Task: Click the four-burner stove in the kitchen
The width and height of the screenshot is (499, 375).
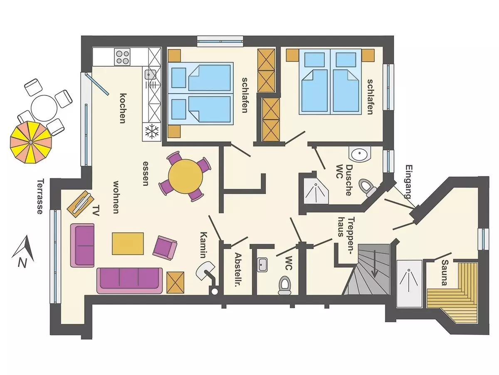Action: coord(123,56)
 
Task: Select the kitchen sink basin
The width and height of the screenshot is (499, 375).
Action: coord(150,74)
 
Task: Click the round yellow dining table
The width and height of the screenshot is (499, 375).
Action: coord(185,176)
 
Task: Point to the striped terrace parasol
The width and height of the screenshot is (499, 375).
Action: coord(30,142)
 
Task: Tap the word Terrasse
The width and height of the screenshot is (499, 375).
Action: coord(40,197)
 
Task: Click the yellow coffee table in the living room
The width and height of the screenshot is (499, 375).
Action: coord(128,243)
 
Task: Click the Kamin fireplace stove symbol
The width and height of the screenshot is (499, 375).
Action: coord(208,275)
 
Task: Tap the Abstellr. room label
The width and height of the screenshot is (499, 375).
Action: coord(238,270)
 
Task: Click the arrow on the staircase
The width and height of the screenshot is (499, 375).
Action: coord(374,264)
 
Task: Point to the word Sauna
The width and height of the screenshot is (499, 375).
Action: coord(444,272)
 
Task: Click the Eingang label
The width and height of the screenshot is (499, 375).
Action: coord(409,182)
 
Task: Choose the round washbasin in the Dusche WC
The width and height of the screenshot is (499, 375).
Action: coord(360,154)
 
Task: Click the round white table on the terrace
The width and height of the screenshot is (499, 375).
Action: coord(44,108)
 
